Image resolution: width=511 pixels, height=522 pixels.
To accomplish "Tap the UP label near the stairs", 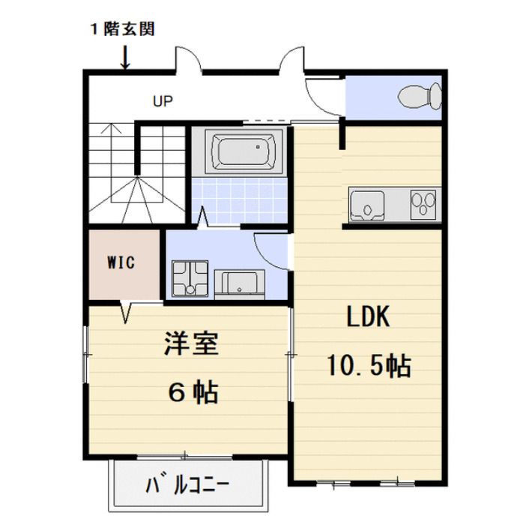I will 163,101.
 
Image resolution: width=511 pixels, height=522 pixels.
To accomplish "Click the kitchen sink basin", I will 366,205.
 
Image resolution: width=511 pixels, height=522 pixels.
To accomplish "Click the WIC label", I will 121,264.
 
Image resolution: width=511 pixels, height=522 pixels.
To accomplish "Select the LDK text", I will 367,316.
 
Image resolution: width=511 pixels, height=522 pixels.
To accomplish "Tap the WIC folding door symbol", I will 126,310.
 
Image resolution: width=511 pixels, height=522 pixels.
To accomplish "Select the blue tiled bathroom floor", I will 238,196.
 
